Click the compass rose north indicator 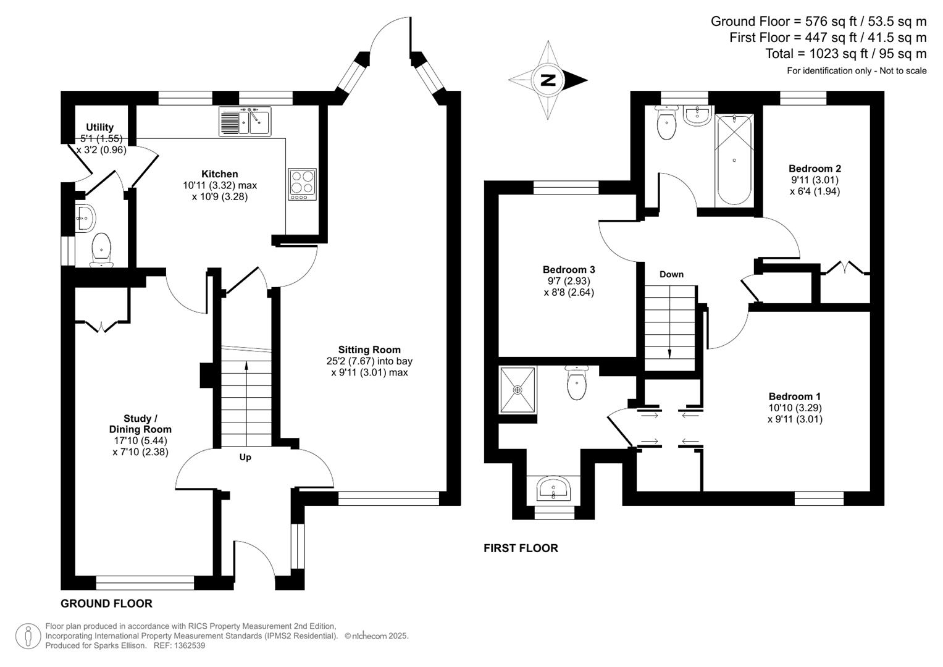click(548, 80)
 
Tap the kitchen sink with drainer click(245, 121)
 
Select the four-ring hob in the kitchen click(302, 184)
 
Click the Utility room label click(99, 127)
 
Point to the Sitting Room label click(369, 350)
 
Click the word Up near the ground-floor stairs click(245, 458)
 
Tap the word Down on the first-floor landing click(671, 274)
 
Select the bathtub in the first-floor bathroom click(734, 161)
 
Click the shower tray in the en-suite click(518, 389)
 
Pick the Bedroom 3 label click(568, 270)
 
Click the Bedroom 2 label click(815, 169)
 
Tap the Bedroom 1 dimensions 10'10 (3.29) click(795, 408)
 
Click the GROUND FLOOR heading click(106, 603)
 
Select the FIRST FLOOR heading click(521, 548)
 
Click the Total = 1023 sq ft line click(845, 54)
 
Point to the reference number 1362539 click(189, 645)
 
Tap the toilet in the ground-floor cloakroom click(101, 249)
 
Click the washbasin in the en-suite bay click(553, 489)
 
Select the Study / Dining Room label click(140, 424)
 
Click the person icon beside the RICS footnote click(28, 636)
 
